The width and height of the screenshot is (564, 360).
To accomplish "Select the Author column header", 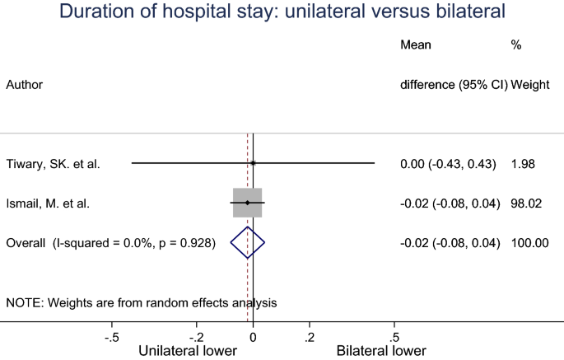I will (x=25, y=84).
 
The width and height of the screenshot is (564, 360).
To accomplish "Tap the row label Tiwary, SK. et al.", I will (x=53, y=164).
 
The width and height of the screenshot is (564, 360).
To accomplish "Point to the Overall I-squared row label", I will (x=111, y=242).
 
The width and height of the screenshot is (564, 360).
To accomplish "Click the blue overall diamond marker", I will (x=247, y=242).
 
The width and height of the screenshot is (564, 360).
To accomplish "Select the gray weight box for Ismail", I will (x=247, y=203).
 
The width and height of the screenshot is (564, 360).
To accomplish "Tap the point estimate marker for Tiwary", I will (x=253, y=163).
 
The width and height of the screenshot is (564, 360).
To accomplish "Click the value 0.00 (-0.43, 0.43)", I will (x=448, y=164).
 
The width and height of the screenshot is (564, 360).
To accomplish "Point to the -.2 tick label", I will (x=196, y=337).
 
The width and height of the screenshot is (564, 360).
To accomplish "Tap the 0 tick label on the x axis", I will (x=253, y=337).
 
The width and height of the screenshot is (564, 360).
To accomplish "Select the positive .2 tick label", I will (x=310, y=337).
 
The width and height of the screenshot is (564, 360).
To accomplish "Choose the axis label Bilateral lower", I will (x=381, y=350).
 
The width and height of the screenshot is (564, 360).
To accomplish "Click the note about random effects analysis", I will (x=142, y=302).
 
